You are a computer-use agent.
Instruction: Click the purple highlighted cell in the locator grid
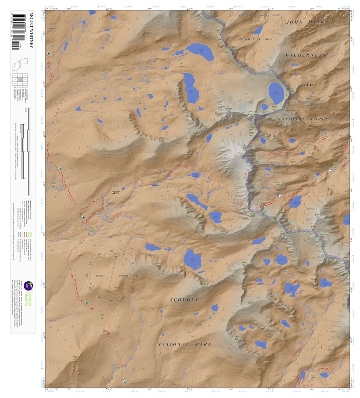click(19, 79)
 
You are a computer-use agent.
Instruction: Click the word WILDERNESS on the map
click(305, 55)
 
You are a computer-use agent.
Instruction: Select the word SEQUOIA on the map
click(184, 300)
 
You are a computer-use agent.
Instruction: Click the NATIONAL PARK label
click(184, 344)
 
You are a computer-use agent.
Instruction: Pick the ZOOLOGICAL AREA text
click(255, 39)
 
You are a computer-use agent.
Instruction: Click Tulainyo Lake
click(276, 93)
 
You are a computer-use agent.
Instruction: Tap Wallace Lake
click(200, 51)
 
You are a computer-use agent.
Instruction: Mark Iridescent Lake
click(325, 283)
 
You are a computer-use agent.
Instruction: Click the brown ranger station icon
click(114, 192)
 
